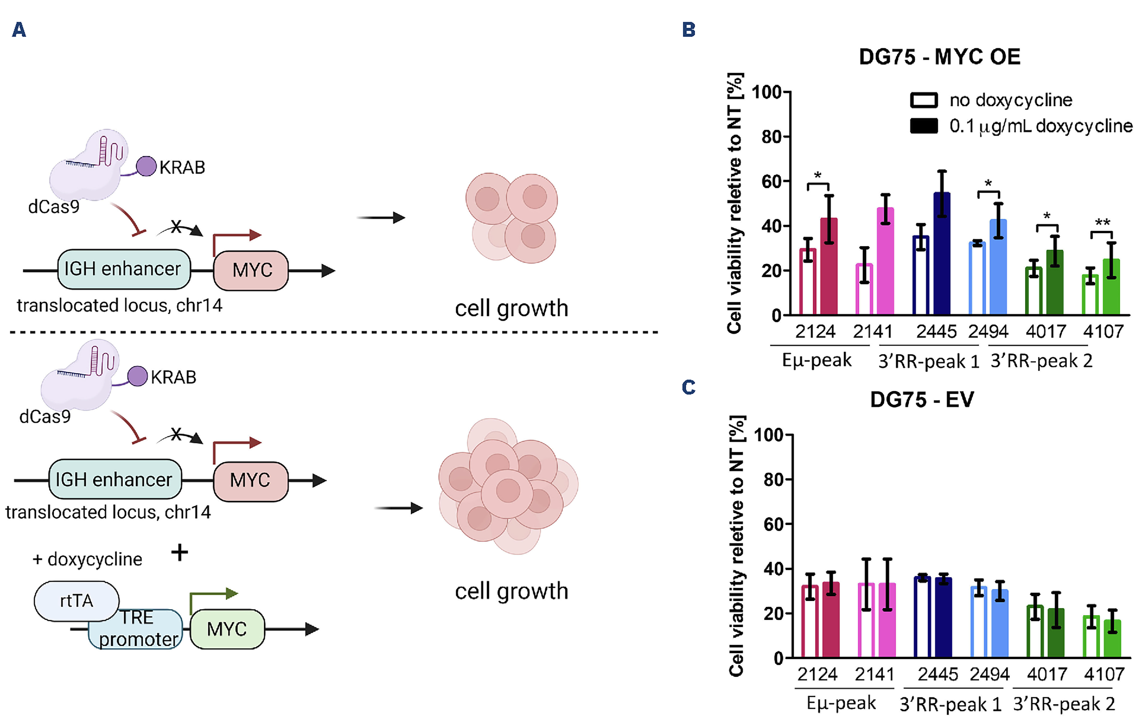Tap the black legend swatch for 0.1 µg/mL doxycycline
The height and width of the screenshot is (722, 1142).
pos(923,126)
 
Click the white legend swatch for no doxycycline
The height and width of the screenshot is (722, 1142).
pos(923,100)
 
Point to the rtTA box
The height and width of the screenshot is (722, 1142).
pos(76,601)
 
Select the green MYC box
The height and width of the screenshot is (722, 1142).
pos(227,629)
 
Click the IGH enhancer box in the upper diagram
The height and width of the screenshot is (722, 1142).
pos(123,269)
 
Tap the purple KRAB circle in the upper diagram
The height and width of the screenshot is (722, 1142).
pos(146,167)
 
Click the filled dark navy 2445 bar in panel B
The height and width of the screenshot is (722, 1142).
pos(942,254)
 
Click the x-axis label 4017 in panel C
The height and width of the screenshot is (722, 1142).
pos(1046,674)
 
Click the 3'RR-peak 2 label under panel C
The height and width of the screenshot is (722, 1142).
pos(1064,704)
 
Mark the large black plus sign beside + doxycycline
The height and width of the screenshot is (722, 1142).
pos(179,552)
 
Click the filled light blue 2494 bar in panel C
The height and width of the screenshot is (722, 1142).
pos(1000,623)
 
